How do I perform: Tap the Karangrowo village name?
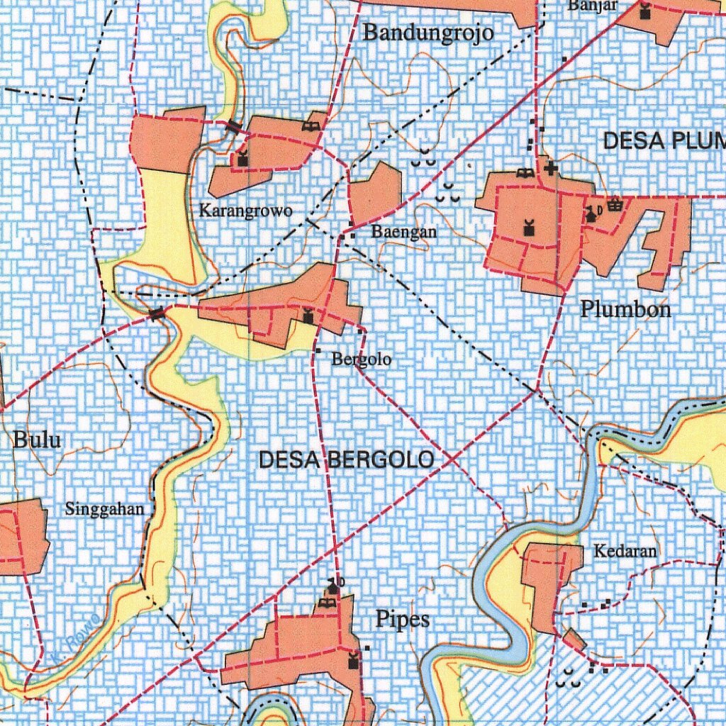pyautogui.click(x=245, y=211)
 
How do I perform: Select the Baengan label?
pyautogui.click(x=404, y=232)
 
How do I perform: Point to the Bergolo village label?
pyautogui.click(x=362, y=359)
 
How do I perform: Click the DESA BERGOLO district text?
pyautogui.click(x=346, y=460)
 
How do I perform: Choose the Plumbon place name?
pyautogui.click(x=625, y=309)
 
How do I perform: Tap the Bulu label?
pyautogui.click(x=37, y=440)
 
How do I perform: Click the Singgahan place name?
pyautogui.click(x=104, y=508)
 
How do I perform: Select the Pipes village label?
pyautogui.click(x=403, y=620)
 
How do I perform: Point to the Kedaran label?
pyautogui.click(x=625, y=550)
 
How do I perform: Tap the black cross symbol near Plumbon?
pyautogui.click(x=551, y=169)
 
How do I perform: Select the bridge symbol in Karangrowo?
pyautogui.click(x=234, y=128)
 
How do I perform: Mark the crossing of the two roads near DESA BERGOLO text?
pyautogui.click(x=452, y=460)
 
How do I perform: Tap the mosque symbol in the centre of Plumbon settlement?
pyautogui.click(x=527, y=228)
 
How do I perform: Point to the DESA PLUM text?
pyautogui.click(x=664, y=141)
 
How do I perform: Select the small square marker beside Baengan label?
pyautogui.click(x=352, y=235)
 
